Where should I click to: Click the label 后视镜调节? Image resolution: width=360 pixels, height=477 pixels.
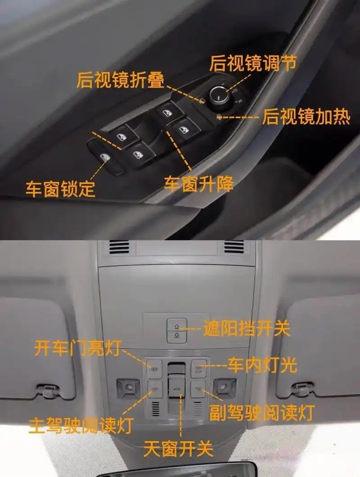(x=253, y=64)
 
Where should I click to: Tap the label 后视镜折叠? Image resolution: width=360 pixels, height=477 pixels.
(x=120, y=80)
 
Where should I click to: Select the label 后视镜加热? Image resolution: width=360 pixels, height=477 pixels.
(x=306, y=117)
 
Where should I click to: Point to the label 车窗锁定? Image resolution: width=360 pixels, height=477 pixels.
(x=60, y=188)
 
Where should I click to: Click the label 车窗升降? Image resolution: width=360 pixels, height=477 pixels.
(x=198, y=184)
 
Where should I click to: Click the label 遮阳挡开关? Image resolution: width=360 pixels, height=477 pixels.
(x=246, y=328)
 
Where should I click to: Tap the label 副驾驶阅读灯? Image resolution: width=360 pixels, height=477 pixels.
(x=261, y=412)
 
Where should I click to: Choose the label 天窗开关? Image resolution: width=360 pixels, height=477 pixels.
(x=178, y=449)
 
